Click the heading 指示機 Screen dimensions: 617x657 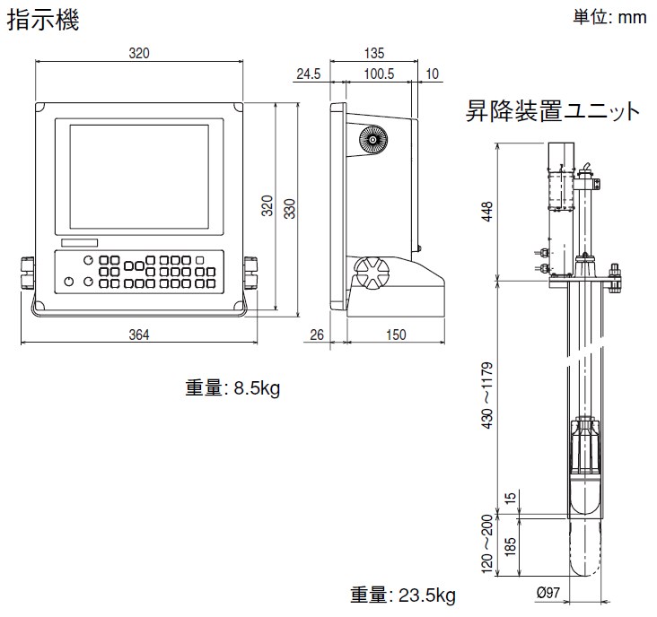pyautogui.click(x=43, y=21)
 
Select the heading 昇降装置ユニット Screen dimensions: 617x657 pyautogui.click(x=553, y=112)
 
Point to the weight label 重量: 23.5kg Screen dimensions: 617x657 pyautogui.click(x=403, y=595)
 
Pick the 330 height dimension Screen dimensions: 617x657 pyautogui.click(x=289, y=208)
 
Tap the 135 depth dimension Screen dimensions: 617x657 pyautogui.click(x=376, y=54)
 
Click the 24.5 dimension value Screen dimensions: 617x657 pyautogui.click(x=308, y=74)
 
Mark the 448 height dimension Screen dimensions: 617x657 pyautogui.click(x=486, y=210)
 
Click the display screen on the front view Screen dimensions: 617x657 pyautogui.click(x=138, y=176)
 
